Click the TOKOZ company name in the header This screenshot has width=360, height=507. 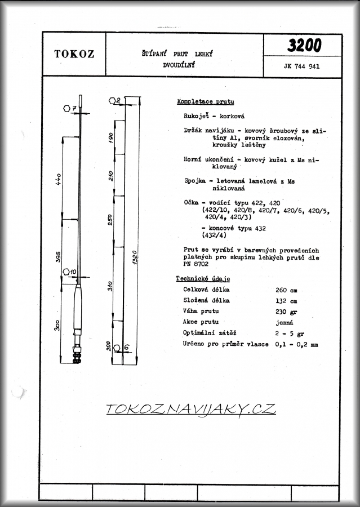point(74,55)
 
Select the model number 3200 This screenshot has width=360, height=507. point(304,46)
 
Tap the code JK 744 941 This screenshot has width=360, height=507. point(302,66)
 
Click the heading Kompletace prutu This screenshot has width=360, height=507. point(205,102)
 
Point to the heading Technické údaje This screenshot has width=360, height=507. point(203,278)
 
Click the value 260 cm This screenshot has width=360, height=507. point(286,290)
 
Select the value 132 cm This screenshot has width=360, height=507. point(286,300)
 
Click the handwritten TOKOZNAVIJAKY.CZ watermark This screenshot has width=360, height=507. point(191,410)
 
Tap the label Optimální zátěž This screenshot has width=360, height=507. point(210,333)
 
